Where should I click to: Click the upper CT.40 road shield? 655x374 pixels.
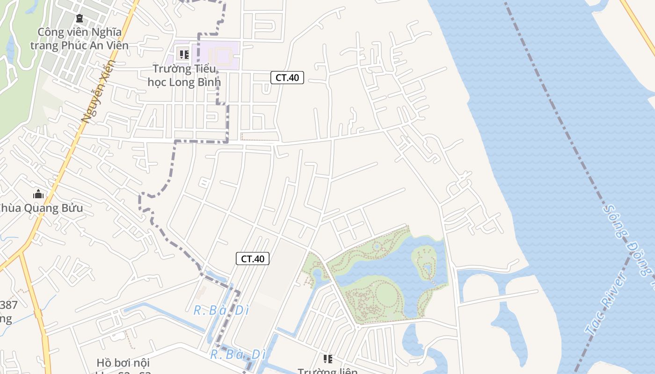[287, 78]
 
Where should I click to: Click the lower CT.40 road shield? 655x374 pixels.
[253, 259]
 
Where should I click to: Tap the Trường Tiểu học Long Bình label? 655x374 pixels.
[184, 75]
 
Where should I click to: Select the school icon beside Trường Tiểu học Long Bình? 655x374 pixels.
[184, 55]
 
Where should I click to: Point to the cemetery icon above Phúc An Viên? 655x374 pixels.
[79, 19]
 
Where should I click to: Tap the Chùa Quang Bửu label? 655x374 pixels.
[41, 208]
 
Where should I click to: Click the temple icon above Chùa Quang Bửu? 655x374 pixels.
[38, 194]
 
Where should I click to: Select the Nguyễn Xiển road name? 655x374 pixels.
[98, 91]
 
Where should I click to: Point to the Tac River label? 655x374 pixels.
[607, 304]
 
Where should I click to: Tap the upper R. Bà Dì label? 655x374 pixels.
[221, 310]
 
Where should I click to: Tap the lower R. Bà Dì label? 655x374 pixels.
[235, 354]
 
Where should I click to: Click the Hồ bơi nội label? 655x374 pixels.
[123, 363]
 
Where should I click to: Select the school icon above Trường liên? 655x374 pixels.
[328, 359]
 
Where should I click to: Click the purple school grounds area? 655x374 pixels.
[220, 55]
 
